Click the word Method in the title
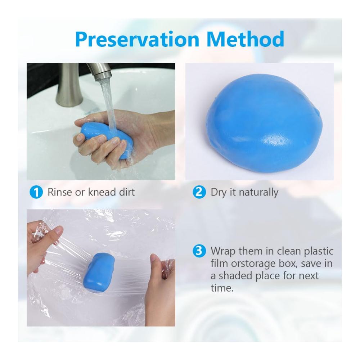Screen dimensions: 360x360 [245, 39]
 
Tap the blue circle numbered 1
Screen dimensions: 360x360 [36, 192]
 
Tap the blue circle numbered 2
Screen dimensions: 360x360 [199, 192]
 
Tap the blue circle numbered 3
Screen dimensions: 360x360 [199, 251]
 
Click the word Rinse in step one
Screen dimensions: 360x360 [60, 192]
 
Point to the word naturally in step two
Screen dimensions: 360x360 [258, 193]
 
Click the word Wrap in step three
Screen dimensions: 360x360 [224, 251]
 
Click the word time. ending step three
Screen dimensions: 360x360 [222, 288]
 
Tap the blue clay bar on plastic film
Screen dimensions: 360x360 [99, 273]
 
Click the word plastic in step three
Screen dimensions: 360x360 [319, 251]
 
